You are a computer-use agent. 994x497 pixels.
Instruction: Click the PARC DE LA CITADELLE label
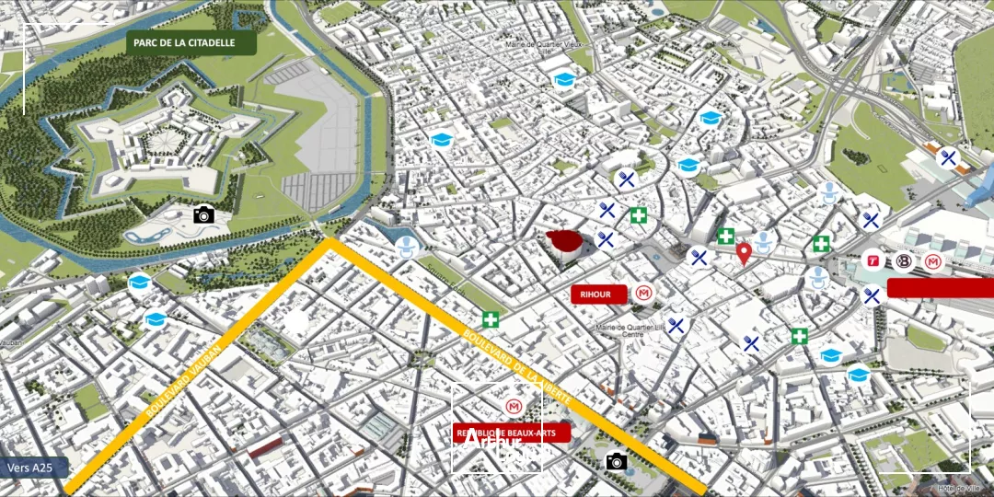pos(191,43)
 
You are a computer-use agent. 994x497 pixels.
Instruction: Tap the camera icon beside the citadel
pos(203,214)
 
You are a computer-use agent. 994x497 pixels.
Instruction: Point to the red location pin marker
pos(744,253)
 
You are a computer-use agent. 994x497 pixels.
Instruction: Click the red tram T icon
pos(873,262)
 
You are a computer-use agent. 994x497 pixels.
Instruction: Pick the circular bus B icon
pos(904,263)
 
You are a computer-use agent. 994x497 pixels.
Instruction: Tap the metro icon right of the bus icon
pos(934,263)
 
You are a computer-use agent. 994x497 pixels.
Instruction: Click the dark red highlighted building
pos(567,243)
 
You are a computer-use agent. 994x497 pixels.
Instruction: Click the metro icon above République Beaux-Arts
pos(512,406)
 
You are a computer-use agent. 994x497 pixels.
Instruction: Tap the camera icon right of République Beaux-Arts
pos(617,461)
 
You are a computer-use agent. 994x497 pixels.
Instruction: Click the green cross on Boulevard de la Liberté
pos(491,320)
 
